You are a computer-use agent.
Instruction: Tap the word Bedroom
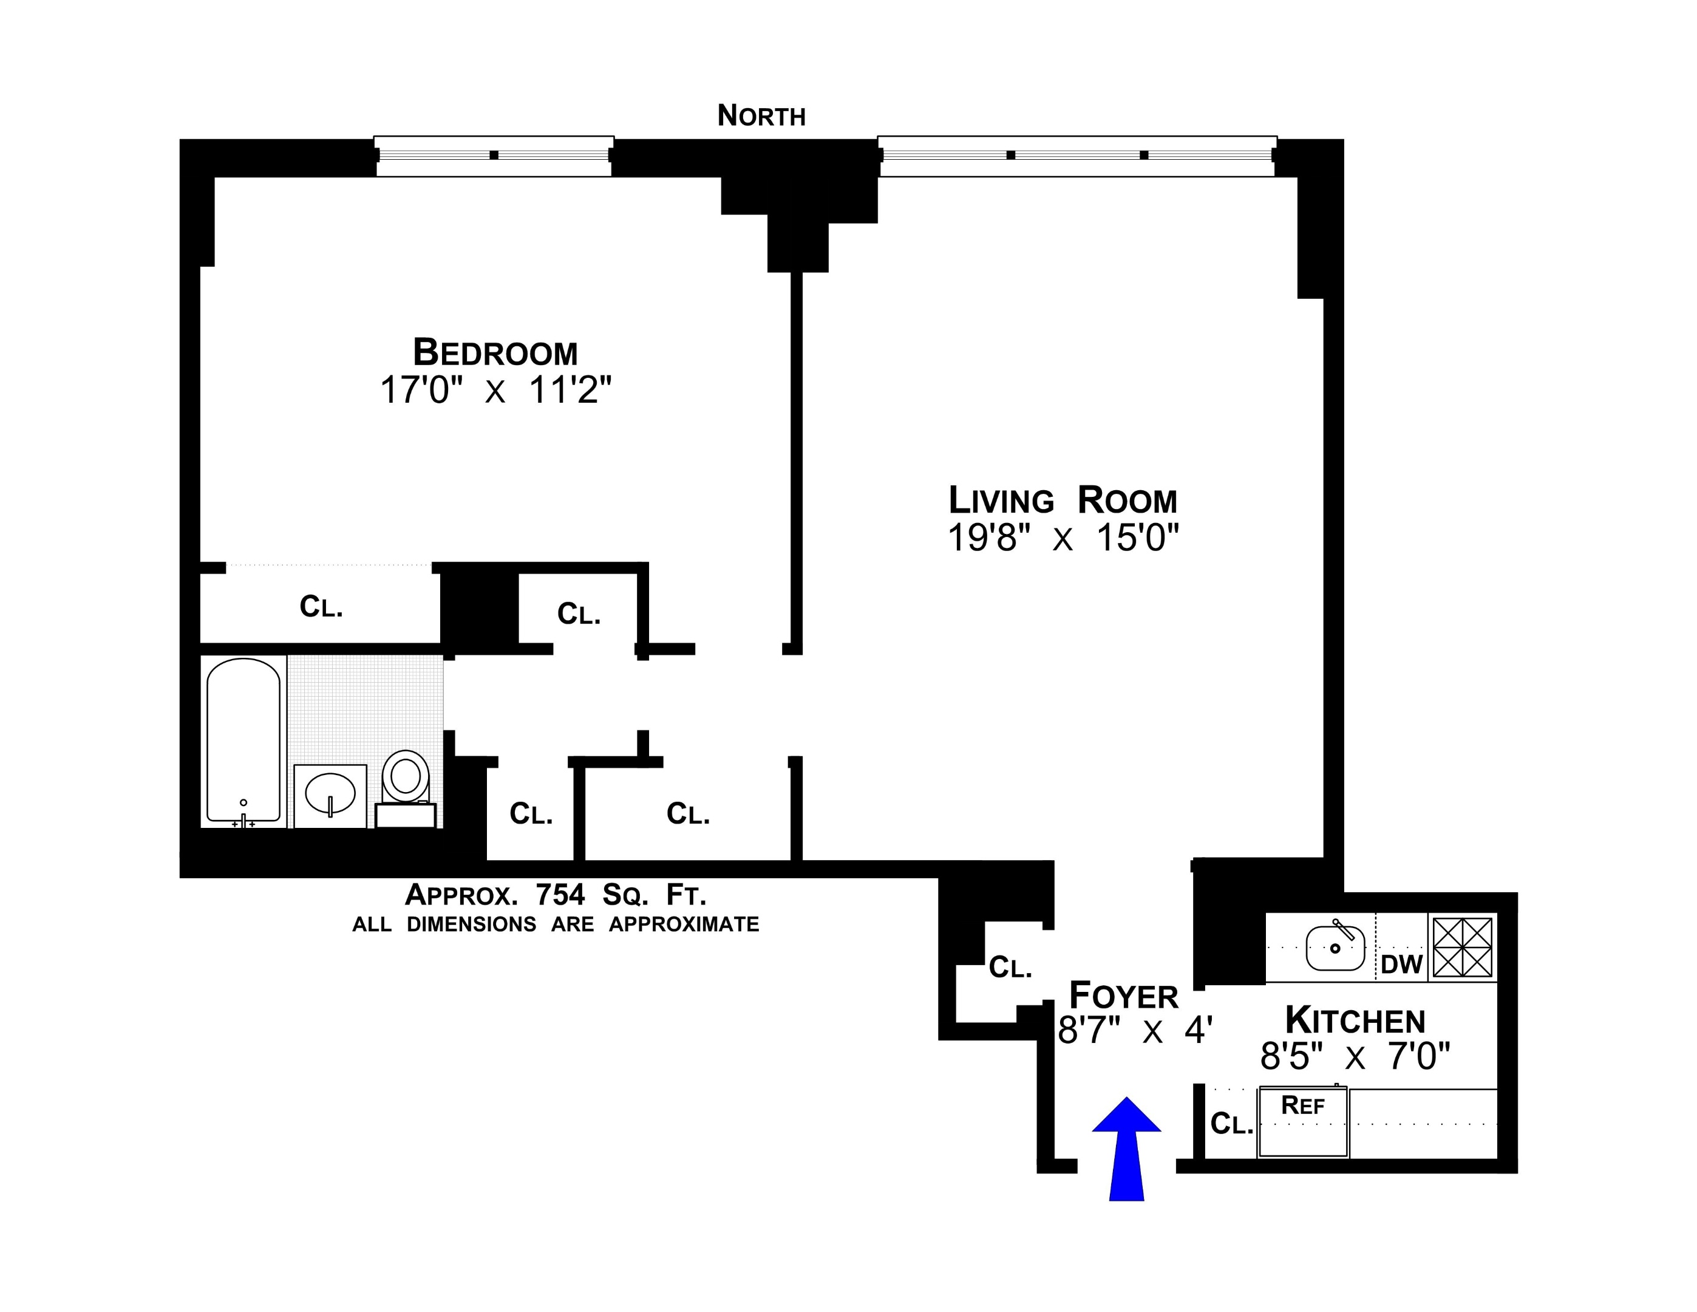coord(495,353)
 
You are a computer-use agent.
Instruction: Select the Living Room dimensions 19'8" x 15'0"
coord(1063,538)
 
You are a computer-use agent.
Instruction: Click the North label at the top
coord(761,116)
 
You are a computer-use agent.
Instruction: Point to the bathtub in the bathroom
coord(243,739)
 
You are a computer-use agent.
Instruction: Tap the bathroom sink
coord(330,793)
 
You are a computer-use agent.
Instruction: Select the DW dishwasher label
coord(1401,965)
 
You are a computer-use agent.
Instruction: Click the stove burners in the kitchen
coord(1463,948)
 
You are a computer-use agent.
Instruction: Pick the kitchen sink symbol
coord(1335,948)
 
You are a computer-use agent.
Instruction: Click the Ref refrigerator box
coord(1303,1122)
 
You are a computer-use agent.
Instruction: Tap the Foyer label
coord(1124,996)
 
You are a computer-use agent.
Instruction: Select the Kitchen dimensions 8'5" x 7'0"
coord(1355,1056)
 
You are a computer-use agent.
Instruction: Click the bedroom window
coord(494,155)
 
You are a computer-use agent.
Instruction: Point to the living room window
coord(1077,155)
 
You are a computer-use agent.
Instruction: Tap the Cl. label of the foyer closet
coord(1009,968)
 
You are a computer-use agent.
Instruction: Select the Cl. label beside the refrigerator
coord(1231,1124)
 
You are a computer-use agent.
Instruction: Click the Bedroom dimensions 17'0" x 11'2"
coord(495,390)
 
